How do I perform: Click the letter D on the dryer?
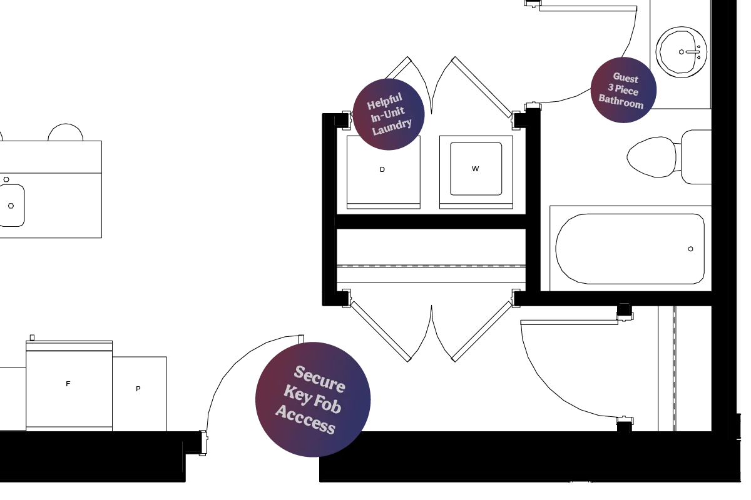tap(382, 170)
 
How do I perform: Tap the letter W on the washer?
tap(475, 169)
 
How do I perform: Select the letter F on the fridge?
tap(68, 384)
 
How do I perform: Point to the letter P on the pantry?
tap(138, 389)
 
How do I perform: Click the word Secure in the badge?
tap(320, 379)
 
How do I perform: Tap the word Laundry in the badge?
tap(392, 127)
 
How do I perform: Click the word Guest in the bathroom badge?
tap(626, 78)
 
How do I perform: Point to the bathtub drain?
tap(690, 249)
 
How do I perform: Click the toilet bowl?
tap(651, 157)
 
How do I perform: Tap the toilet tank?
tap(697, 157)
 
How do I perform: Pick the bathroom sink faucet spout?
tap(692, 52)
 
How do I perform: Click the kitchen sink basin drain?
tap(11, 206)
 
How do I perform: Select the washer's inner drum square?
tap(476, 169)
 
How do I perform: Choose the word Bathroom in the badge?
tap(621, 101)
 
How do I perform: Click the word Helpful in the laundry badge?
tap(384, 101)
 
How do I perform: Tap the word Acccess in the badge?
tap(305, 420)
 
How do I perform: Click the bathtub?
tap(630, 249)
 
